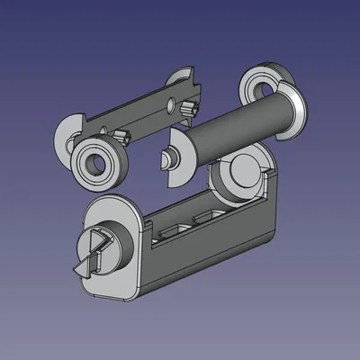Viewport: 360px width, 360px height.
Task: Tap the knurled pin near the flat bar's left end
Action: click(x=121, y=138)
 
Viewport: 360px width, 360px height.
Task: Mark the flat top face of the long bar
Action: click(x=135, y=112)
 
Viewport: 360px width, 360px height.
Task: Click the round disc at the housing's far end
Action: click(x=244, y=175)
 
